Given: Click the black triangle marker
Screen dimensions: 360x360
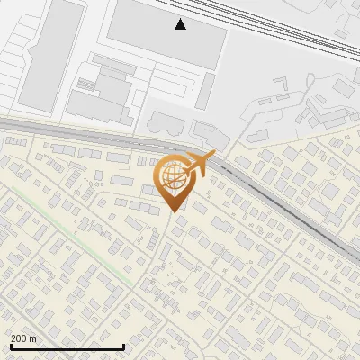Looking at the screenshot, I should (181, 24).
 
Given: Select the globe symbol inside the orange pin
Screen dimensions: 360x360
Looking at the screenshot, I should (170, 175).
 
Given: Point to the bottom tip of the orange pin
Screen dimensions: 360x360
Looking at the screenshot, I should (174, 211).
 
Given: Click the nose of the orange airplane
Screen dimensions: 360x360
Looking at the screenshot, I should (214, 155).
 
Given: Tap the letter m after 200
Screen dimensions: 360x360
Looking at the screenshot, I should (33, 338).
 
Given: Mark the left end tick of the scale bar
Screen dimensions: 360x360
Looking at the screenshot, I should (10, 346).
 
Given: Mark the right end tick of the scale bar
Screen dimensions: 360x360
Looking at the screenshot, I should (123, 346).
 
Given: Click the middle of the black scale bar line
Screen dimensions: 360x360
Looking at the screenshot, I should (67, 347).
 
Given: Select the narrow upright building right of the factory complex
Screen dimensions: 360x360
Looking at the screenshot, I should (206, 90).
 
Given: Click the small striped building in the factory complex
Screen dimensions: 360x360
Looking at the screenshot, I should (86, 84).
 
